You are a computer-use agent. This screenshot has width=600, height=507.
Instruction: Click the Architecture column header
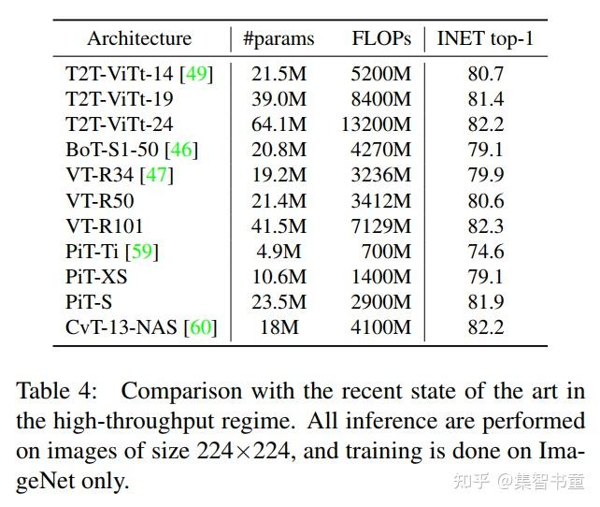click(x=139, y=39)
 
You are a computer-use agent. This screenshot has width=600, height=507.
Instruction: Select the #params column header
click(x=279, y=39)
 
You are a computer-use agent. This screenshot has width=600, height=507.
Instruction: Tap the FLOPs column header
click(x=380, y=39)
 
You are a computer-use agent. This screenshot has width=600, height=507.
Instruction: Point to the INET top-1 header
click(x=485, y=39)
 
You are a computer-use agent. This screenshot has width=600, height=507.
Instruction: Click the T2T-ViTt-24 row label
click(x=120, y=123)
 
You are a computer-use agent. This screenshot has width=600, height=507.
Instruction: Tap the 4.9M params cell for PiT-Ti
click(x=279, y=251)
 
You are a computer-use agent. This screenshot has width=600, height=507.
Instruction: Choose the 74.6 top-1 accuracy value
click(x=486, y=251)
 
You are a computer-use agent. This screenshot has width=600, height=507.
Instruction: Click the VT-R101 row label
click(x=105, y=225)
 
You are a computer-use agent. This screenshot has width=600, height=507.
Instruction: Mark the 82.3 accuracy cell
click(x=486, y=225)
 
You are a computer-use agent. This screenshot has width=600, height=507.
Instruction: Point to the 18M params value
click(x=279, y=326)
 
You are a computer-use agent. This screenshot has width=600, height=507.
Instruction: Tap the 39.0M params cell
click(x=279, y=98)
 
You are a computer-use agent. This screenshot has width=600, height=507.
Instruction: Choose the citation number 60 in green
click(x=200, y=326)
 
